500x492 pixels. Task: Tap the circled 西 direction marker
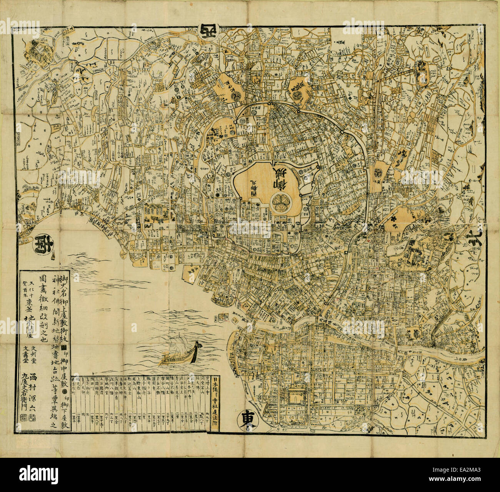point(208,30)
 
